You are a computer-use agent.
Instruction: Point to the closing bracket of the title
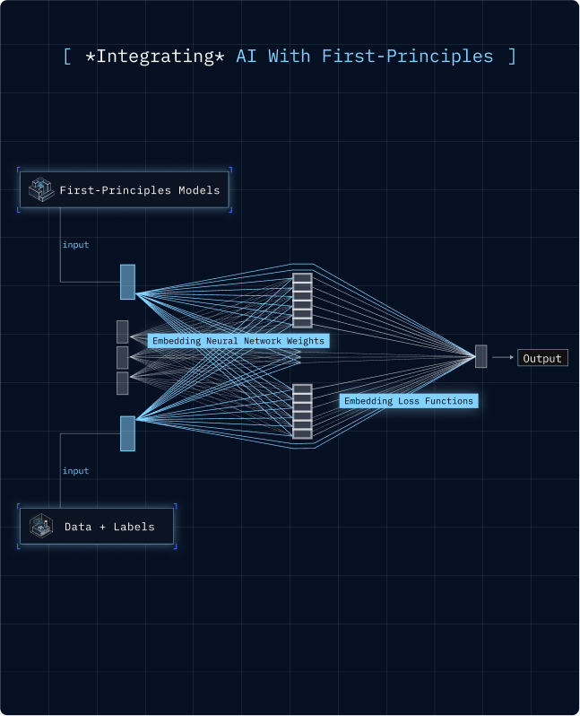pyautogui.click(x=511, y=57)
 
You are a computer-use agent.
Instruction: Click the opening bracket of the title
pyautogui.click(x=67, y=57)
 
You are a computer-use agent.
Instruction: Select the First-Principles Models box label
pyautogui.click(x=139, y=190)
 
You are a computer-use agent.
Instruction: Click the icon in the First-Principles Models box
pyautogui.click(x=39, y=189)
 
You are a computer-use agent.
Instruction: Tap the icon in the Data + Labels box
pyautogui.click(x=40, y=526)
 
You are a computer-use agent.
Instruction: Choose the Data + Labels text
pyautogui.click(x=109, y=527)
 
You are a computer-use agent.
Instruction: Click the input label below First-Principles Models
pyautogui.click(x=75, y=245)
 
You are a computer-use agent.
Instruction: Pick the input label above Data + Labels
pyautogui.click(x=75, y=471)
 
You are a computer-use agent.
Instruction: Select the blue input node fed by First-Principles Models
pyautogui.click(x=127, y=282)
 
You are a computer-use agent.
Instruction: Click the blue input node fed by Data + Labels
pyautogui.click(x=127, y=433)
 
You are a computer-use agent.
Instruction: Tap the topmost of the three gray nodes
pyautogui.click(x=123, y=331)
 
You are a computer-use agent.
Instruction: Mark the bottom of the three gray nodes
pyautogui.click(x=123, y=383)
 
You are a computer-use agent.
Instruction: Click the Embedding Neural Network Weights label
pyautogui.click(x=238, y=341)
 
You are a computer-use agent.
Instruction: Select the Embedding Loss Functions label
pyautogui.click(x=408, y=401)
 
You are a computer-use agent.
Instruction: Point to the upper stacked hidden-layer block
pyautogui.click(x=302, y=300)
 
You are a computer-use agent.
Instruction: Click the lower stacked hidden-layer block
pyautogui.click(x=302, y=412)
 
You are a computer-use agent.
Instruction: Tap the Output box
pyautogui.click(x=542, y=358)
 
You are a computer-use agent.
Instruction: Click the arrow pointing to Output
pyautogui.click(x=502, y=357)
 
